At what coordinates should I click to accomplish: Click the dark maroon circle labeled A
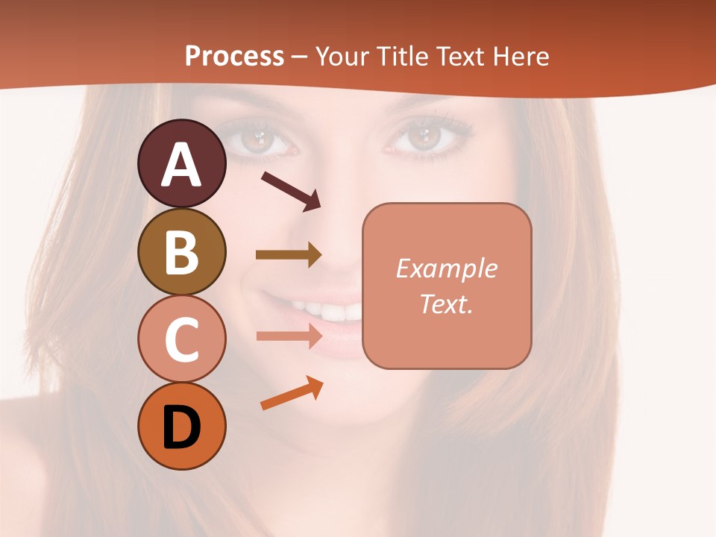181,163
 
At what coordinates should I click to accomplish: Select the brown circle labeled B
181,251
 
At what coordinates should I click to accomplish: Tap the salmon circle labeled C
181,339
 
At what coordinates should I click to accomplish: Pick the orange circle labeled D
181,427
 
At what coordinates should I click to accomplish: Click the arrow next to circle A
291,191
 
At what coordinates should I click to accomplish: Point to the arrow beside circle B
289,255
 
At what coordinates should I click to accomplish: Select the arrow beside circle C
289,336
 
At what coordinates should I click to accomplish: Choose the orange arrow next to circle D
292,393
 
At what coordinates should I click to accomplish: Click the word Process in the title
234,56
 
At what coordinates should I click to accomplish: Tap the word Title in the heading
401,56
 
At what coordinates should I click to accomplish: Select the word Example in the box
446,268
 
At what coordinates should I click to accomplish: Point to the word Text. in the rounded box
446,304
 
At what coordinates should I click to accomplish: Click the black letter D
181,428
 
